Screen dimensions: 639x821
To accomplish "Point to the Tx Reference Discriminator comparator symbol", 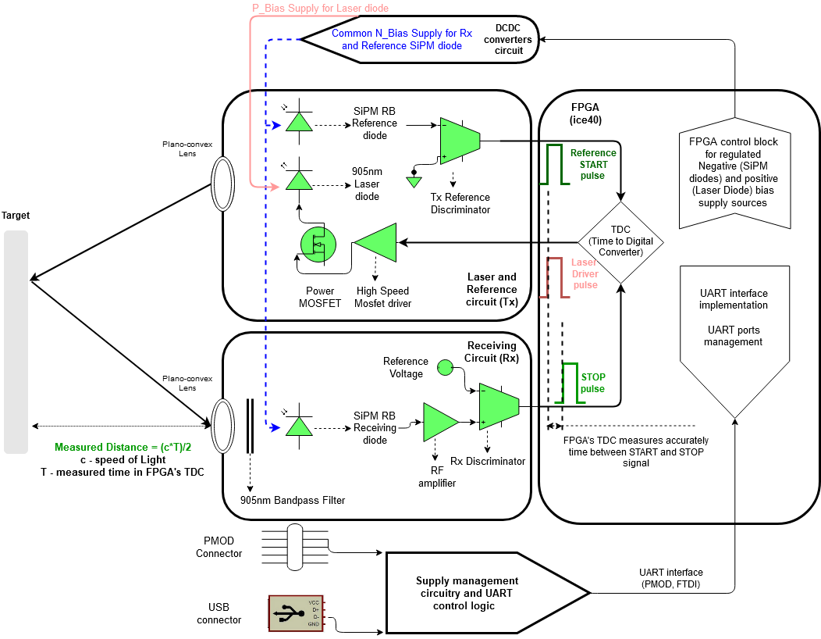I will point(458,141).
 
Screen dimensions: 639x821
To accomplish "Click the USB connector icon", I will point(296,614).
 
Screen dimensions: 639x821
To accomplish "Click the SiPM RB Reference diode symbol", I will point(297,122).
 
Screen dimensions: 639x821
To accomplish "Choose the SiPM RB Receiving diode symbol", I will point(297,426).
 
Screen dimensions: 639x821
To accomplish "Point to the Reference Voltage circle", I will point(445,366).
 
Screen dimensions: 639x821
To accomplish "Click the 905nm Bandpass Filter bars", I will point(251,426).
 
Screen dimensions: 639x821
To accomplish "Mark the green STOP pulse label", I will point(593,383).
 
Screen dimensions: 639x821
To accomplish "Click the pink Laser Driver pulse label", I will point(585,274).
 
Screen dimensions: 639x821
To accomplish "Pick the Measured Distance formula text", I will point(123,448).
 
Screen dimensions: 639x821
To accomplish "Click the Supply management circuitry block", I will point(467,593).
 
